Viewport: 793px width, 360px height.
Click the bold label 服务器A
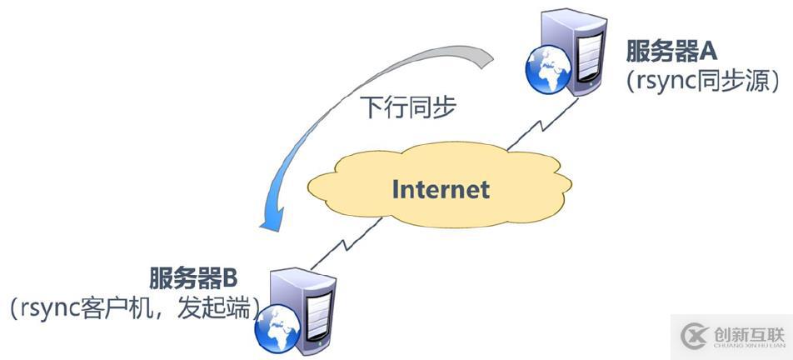[672, 51]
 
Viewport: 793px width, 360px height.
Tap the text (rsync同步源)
[702, 81]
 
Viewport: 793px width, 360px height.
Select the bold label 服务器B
[193, 277]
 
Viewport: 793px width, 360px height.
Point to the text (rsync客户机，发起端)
[135, 308]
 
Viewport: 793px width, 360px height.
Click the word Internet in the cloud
[441, 189]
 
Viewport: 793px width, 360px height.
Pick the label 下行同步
[407, 107]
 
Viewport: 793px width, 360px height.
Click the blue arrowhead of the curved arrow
[271, 218]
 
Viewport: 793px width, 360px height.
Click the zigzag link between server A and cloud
[542, 124]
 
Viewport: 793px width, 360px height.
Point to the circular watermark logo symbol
[696, 336]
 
